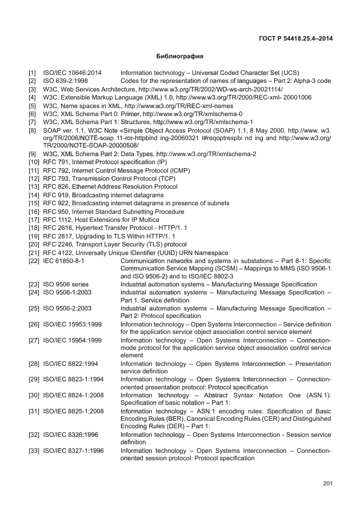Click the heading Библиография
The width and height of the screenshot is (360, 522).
click(x=179, y=57)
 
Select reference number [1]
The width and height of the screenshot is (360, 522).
click(x=33, y=74)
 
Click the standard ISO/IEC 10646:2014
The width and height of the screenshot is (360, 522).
click(x=72, y=74)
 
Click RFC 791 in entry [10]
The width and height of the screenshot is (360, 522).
click(x=55, y=162)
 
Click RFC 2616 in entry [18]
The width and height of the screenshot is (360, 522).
click(x=57, y=228)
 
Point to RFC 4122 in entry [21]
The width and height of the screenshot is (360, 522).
click(x=57, y=252)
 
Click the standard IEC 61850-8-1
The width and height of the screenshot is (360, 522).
click(x=63, y=260)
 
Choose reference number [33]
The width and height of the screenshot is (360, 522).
click(x=34, y=451)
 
